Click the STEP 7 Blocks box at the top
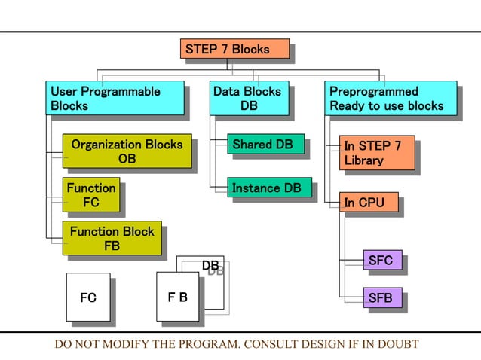coord(235,49)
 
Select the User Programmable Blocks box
coord(115,99)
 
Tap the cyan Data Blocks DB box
coord(248,99)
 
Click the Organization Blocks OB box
coord(126,151)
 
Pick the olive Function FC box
coord(90,195)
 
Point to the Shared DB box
coord(266,145)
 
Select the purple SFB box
coord(381,297)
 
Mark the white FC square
coord(88,297)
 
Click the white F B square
coord(177,297)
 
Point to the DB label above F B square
coord(210,266)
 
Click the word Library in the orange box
coord(364,160)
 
